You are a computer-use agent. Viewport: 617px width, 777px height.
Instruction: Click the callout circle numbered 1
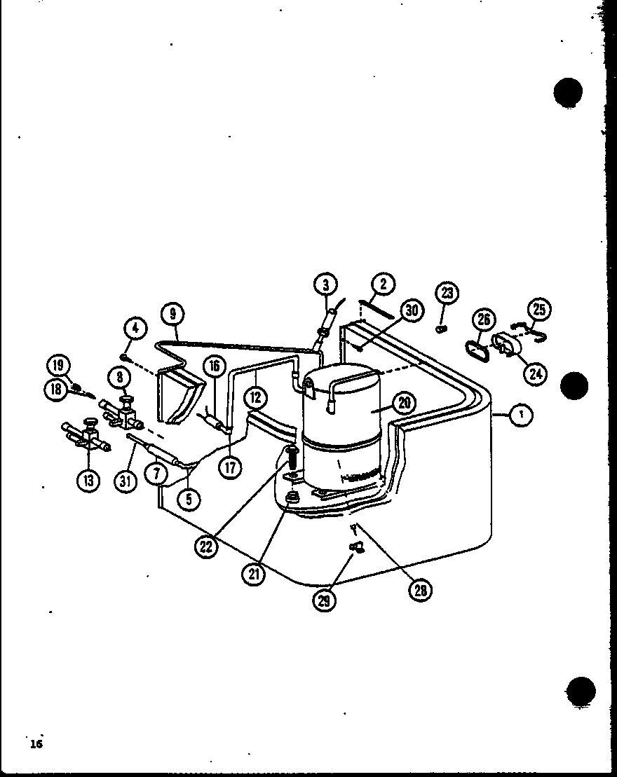click(x=520, y=415)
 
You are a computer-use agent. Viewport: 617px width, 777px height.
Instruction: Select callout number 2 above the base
click(x=383, y=284)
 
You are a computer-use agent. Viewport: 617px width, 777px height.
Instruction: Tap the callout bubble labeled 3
click(x=325, y=284)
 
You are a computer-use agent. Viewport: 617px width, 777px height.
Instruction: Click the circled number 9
click(x=172, y=315)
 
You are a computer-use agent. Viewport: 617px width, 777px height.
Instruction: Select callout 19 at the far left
click(x=59, y=364)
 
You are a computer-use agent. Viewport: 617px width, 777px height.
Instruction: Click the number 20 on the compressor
click(x=405, y=402)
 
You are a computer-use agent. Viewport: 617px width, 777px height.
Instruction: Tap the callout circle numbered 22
click(x=205, y=546)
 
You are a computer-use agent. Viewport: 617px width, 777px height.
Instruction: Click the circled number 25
click(x=539, y=309)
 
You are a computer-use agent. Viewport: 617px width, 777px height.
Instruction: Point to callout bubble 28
click(x=420, y=590)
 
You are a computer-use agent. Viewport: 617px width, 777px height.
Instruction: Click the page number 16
click(x=36, y=743)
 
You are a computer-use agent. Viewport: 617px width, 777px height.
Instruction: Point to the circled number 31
click(x=127, y=481)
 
